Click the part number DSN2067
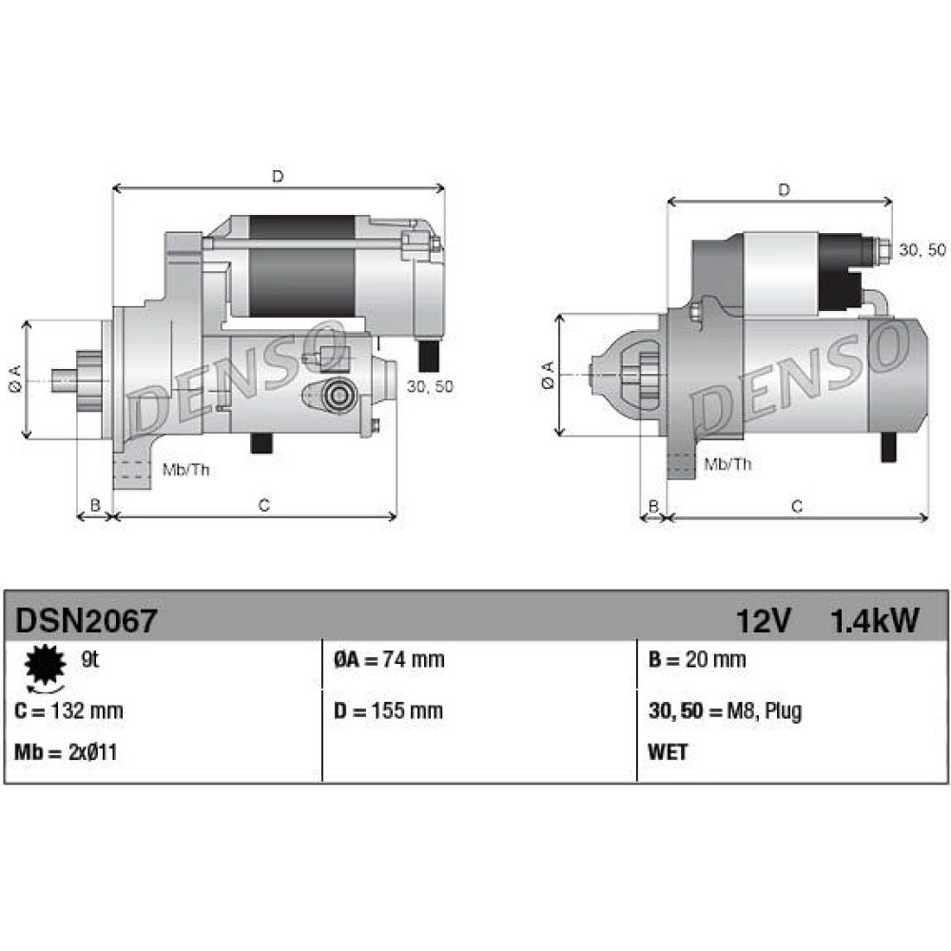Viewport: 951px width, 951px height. (86, 620)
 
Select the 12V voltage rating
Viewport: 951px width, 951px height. (763, 620)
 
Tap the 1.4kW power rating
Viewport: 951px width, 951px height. (874, 620)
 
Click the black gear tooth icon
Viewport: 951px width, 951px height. (45, 665)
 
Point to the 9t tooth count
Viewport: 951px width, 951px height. (89, 659)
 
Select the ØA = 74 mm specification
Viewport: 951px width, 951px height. (389, 659)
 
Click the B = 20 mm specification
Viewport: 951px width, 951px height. (697, 659)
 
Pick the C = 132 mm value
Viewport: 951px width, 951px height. (68, 710)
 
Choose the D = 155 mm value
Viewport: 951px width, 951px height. (388, 710)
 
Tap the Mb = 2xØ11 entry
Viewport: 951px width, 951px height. (66, 752)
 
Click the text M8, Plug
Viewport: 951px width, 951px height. (765, 710)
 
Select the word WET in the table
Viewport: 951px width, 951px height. (668, 752)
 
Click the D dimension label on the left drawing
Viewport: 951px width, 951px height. (277, 177)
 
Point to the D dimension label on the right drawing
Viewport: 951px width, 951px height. (784, 190)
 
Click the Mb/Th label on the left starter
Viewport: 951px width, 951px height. (186, 470)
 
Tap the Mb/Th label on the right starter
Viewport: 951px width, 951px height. (728, 464)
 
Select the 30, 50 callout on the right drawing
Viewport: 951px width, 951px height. (922, 249)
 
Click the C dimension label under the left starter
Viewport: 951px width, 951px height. (263, 505)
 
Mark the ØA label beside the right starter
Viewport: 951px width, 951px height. (548, 375)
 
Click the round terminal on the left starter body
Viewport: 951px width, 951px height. (338, 396)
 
